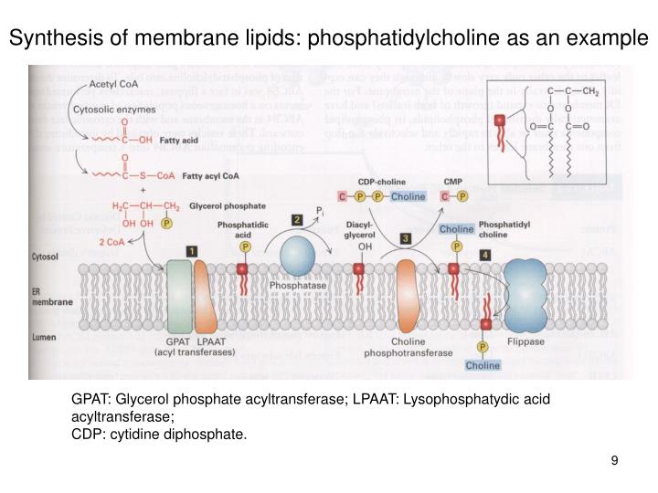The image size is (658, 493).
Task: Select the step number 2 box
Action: coord(296,220)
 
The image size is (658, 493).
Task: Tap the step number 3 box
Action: coord(405,238)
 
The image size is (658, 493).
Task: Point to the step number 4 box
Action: coord(485,255)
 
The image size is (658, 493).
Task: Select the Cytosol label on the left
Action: coord(46,258)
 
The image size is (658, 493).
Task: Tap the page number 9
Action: coord(615,459)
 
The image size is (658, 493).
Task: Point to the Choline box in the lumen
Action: coord(483,365)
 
